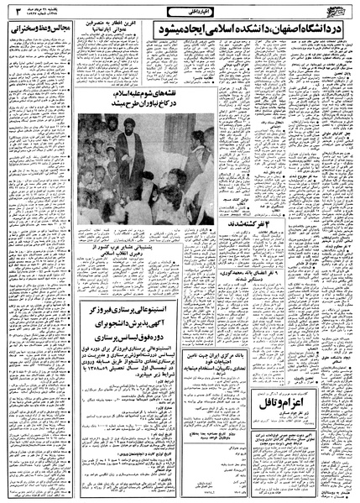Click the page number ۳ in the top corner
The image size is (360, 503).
(9, 11)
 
